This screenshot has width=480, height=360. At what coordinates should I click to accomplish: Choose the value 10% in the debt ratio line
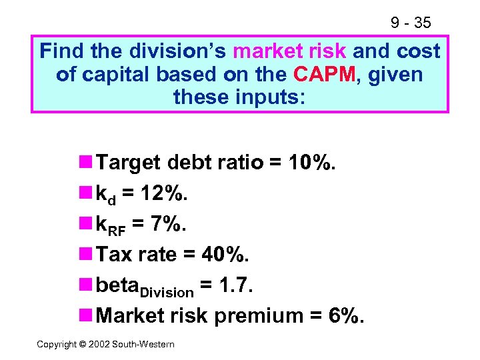(309, 163)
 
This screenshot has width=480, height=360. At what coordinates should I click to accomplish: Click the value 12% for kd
(165, 193)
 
